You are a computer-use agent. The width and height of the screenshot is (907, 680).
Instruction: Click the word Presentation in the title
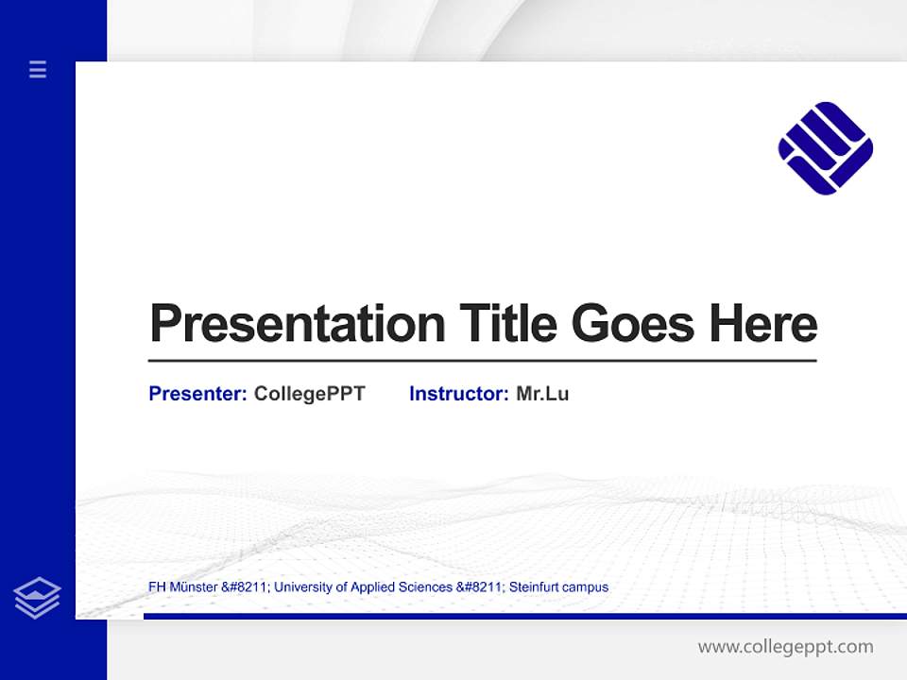click(x=298, y=324)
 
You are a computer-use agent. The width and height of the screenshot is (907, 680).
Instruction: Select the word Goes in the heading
click(x=633, y=324)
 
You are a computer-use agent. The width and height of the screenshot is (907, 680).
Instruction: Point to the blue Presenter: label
click(x=197, y=394)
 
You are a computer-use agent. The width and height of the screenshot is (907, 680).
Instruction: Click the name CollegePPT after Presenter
click(x=309, y=394)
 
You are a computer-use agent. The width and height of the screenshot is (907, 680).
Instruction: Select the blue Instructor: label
click(x=458, y=394)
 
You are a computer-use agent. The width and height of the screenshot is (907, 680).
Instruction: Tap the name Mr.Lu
click(x=542, y=394)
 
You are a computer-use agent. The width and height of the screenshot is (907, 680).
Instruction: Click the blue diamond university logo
click(x=825, y=148)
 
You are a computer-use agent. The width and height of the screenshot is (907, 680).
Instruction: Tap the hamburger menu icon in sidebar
click(x=38, y=69)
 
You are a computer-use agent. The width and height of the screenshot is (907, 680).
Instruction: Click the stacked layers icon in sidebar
click(x=37, y=598)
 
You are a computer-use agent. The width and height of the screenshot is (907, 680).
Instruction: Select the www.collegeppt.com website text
click(x=785, y=647)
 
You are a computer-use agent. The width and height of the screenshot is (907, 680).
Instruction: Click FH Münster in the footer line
click(x=182, y=587)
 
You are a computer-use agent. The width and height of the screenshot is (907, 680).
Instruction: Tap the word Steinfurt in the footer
click(x=534, y=587)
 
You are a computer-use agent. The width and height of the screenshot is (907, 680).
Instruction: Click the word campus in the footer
click(x=586, y=587)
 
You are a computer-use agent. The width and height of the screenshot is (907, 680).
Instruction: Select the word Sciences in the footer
click(x=426, y=587)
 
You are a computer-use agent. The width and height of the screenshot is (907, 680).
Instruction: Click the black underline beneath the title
click(x=482, y=361)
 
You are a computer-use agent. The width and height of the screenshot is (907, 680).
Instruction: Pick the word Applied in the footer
click(x=374, y=587)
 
